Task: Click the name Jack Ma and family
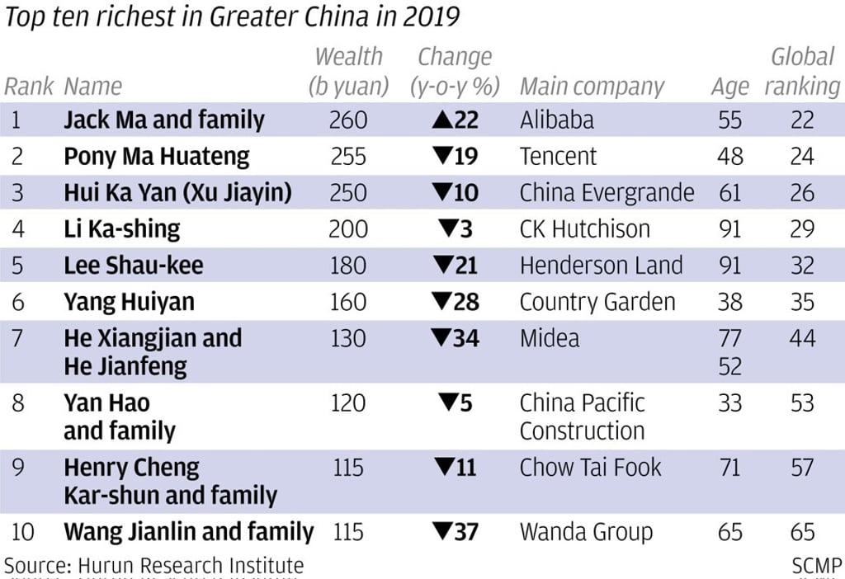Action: point(163,120)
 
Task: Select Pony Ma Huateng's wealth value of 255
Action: point(347,157)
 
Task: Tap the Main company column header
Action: point(592,87)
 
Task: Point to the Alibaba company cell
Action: point(556,120)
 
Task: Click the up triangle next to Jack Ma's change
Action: point(441,120)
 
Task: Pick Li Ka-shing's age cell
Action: point(729,229)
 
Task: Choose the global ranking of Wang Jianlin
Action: point(802,532)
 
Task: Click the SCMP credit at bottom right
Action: point(816,566)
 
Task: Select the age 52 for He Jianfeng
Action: point(729,365)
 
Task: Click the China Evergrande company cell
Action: point(607,193)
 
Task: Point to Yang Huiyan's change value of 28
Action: point(466,302)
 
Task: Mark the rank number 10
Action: point(21,532)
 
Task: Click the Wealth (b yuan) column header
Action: point(348,72)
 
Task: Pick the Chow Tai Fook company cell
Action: point(590,468)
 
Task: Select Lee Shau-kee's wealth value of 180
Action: point(347,266)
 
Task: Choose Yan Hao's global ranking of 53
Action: point(802,403)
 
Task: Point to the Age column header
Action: point(729,87)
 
